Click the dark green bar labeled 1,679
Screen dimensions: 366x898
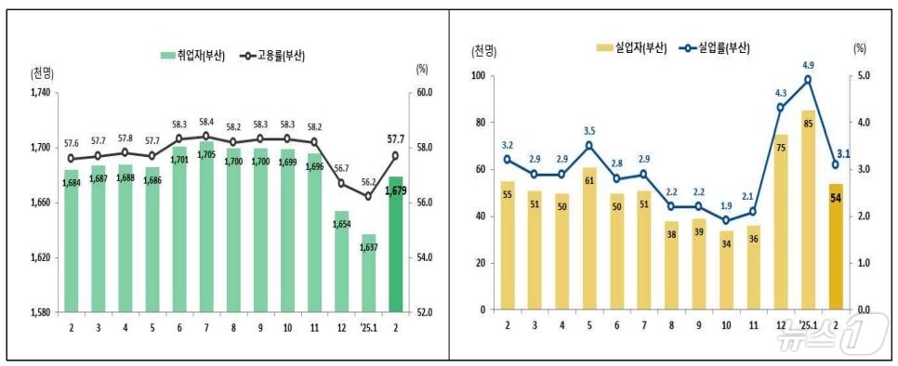click(x=396, y=243)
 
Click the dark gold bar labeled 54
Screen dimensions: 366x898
click(x=836, y=246)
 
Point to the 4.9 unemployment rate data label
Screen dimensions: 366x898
click(x=808, y=65)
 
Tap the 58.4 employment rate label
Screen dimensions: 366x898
click(x=206, y=122)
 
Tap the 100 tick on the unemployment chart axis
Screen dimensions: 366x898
click(x=480, y=76)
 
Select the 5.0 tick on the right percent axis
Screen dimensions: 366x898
click(x=862, y=76)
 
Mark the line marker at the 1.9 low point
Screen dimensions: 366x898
click(x=726, y=220)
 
